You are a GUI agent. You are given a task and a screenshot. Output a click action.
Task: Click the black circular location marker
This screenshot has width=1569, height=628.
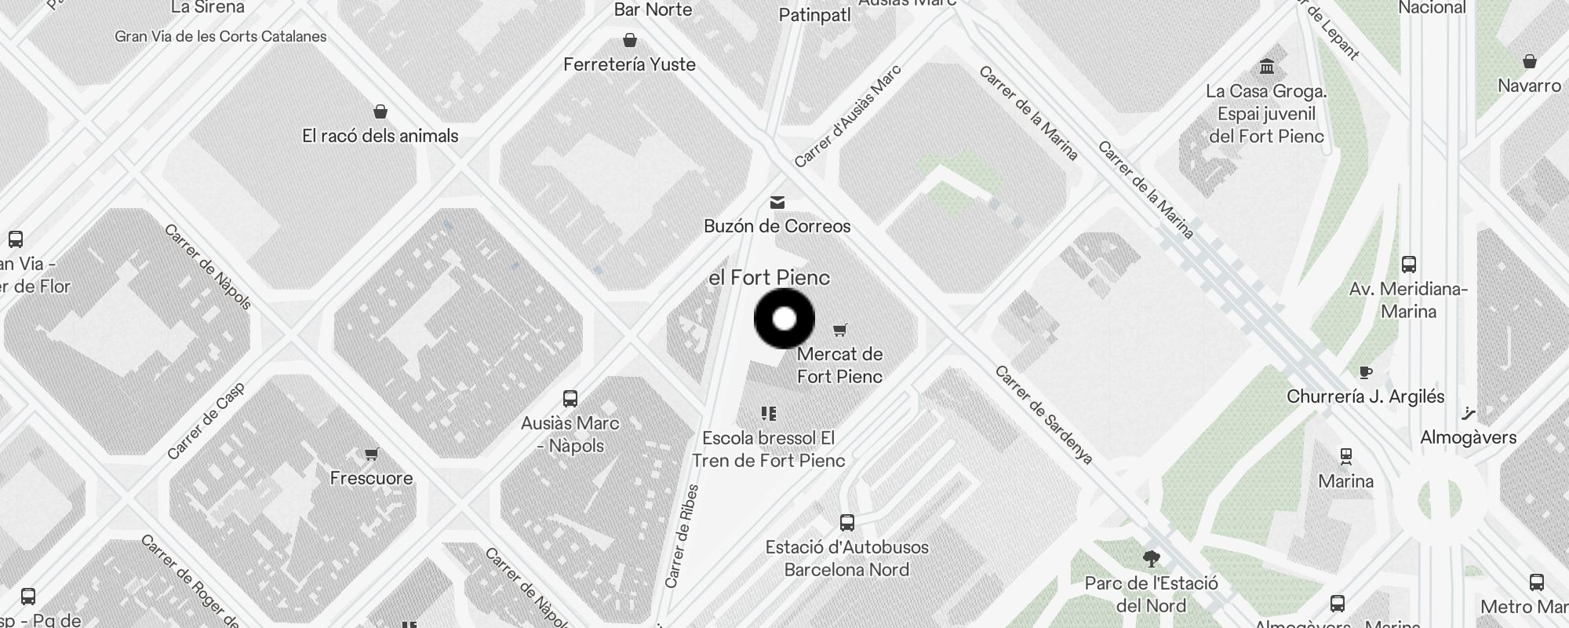(x=784, y=319)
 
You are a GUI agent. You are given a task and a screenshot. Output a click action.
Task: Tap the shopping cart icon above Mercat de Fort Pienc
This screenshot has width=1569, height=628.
(x=840, y=330)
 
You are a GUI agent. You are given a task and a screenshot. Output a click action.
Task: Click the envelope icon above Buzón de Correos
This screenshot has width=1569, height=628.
(x=777, y=203)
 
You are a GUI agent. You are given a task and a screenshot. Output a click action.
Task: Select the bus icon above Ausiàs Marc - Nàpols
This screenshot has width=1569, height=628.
(x=570, y=399)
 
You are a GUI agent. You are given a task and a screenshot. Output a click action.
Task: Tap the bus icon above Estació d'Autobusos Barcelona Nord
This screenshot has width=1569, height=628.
(x=846, y=523)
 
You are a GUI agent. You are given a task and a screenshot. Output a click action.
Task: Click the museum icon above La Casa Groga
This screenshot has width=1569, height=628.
(x=1266, y=65)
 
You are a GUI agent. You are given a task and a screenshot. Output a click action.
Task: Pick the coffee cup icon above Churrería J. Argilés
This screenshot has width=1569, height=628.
(x=1366, y=372)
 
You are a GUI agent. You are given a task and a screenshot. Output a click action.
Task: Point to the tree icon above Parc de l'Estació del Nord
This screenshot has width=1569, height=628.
(x=1152, y=559)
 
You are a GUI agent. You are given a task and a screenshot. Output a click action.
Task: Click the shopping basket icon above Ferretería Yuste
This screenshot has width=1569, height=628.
(x=629, y=40)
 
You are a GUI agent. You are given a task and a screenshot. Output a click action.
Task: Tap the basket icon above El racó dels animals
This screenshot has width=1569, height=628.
(x=380, y=111)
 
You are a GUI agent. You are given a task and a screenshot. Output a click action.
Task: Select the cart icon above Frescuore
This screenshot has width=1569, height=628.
(x=371, y=455)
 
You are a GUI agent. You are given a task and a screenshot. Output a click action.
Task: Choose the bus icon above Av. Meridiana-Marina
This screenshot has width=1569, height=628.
(x=1409, y=265)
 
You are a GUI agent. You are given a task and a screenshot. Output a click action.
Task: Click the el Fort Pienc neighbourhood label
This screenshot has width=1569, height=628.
(x=769, y=278)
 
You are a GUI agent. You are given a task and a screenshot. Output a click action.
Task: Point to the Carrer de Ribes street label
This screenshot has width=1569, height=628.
(x=682, y=536)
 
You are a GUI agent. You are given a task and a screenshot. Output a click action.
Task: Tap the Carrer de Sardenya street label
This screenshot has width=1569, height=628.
(x=1043, y=414)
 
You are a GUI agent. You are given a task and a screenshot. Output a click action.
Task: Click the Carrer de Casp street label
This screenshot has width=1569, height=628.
(x=206, y=421)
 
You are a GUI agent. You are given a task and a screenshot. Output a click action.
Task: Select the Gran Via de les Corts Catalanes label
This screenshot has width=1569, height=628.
(x=220, y=36)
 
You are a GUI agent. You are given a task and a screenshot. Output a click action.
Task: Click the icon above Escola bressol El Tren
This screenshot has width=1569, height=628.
(x=768, y=414)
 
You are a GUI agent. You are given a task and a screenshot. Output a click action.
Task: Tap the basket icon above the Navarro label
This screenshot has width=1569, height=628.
(x=1529, y=61)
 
